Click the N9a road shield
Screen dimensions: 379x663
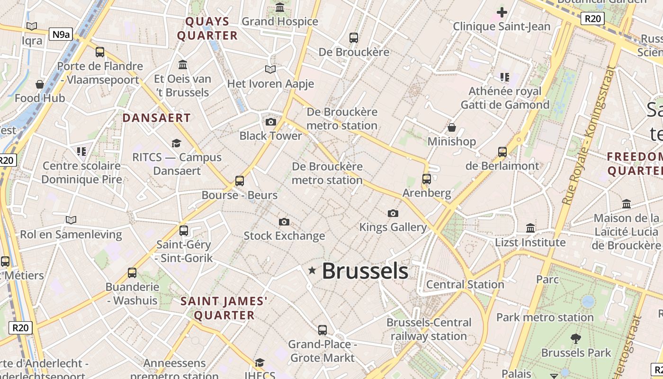point(61,34)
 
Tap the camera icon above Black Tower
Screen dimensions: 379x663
point(271,122)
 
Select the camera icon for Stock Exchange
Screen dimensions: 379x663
point(284,222)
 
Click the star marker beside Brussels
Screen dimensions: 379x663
point(312,271)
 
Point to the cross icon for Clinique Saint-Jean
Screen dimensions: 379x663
point(502,12)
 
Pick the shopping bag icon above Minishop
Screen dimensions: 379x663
point(452,127)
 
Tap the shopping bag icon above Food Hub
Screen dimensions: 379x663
point(40,84)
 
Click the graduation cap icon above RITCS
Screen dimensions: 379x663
point(177,143)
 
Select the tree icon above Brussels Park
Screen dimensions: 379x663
point(576,338)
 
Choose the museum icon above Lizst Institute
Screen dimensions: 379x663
point(530,228)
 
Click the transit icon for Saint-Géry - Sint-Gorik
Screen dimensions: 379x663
point(184,231)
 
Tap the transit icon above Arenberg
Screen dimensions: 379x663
point(427,179)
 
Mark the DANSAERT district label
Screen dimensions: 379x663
point(157,118)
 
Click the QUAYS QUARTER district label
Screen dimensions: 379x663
point(207,28)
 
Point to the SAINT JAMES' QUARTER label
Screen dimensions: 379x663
point(224,308)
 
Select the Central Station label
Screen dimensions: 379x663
point(465,284)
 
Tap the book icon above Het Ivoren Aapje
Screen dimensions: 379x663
point(270,70)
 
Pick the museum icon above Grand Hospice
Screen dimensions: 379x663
point(280,7)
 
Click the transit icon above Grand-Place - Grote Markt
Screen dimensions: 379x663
point(323,330)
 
